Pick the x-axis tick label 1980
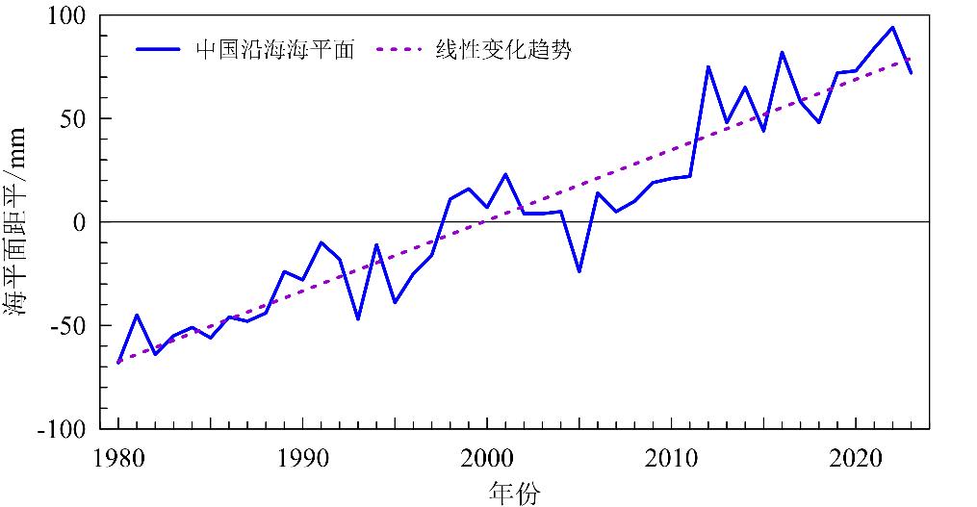pyautogui.click(x=118, y=455)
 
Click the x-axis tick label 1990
pyautogui.click(x=303, y=455)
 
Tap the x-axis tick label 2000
pyautogui.click(x=487, y=455)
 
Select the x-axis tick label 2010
pyautogui.click(x=672, y=455)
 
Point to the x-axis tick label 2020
pyautogui.click(x=857, y=455)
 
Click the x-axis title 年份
pyautogui.click(x=514, y=493)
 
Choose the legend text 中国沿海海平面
pyautogui.click(x=275, y=50)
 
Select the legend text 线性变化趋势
pyautogui.click(x=503, y=50)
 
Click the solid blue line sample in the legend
pyautogui.click(x=158, y=50)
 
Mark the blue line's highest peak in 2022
pyautogui.click(x=892, y=27)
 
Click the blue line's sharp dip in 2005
pyautogui.click(x=579, y=271)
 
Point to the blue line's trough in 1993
pyautogui.click(x=358, y=318)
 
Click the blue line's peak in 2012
pyautogui.click(x=708, y=66)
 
